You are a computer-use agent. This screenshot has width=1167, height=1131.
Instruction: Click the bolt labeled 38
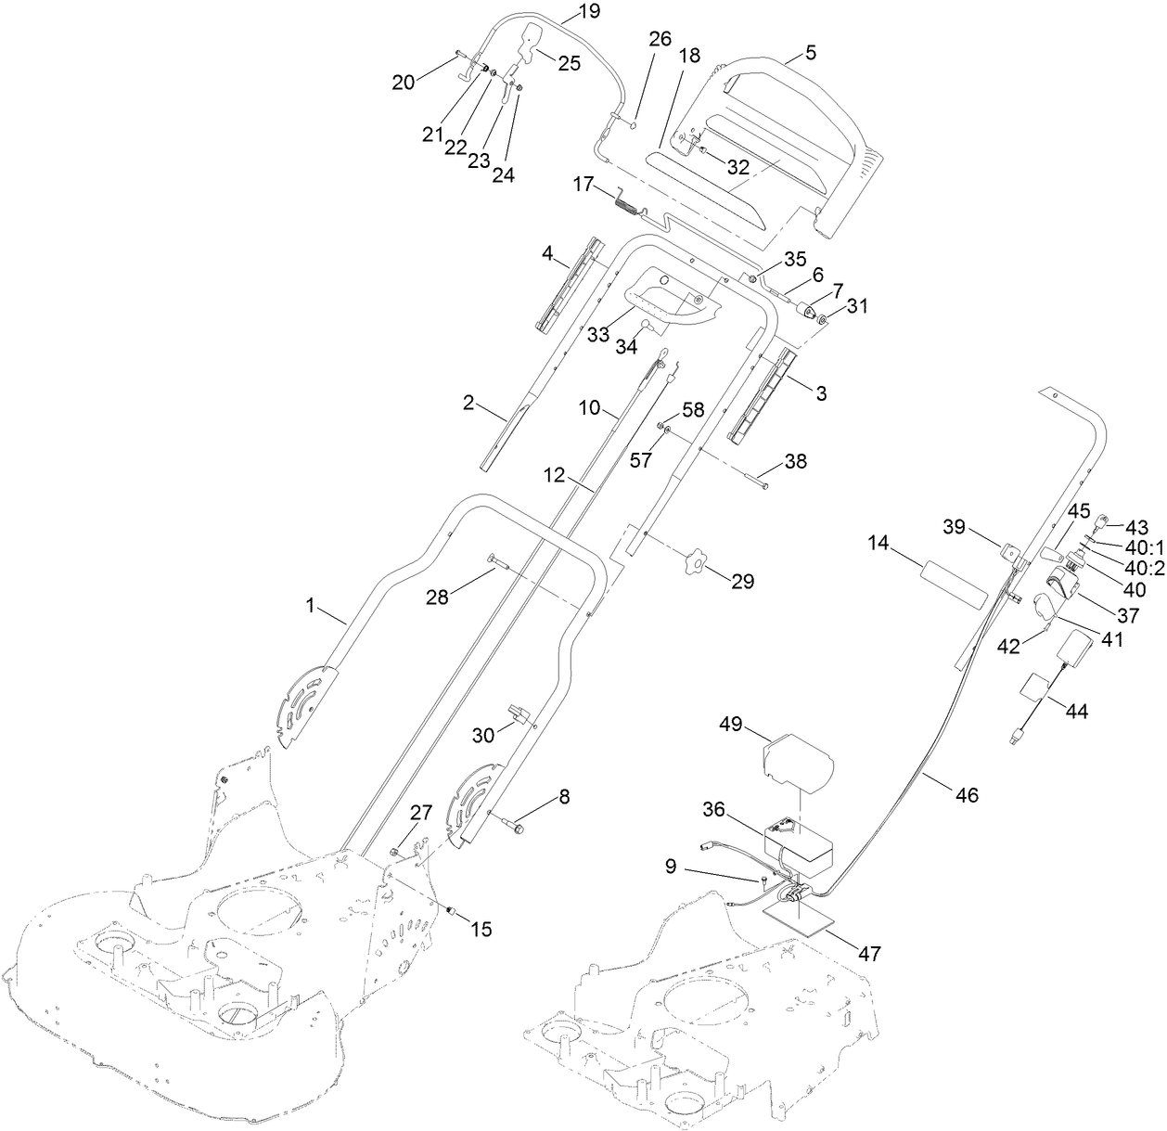coord(755,479)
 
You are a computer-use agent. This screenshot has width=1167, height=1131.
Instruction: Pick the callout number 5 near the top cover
coord(811,53)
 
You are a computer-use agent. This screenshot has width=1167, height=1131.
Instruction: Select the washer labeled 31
coord(823,319)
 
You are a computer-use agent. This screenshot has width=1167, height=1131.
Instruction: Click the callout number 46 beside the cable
coord(966,794)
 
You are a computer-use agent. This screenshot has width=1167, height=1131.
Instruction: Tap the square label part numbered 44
coord(1036,689)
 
